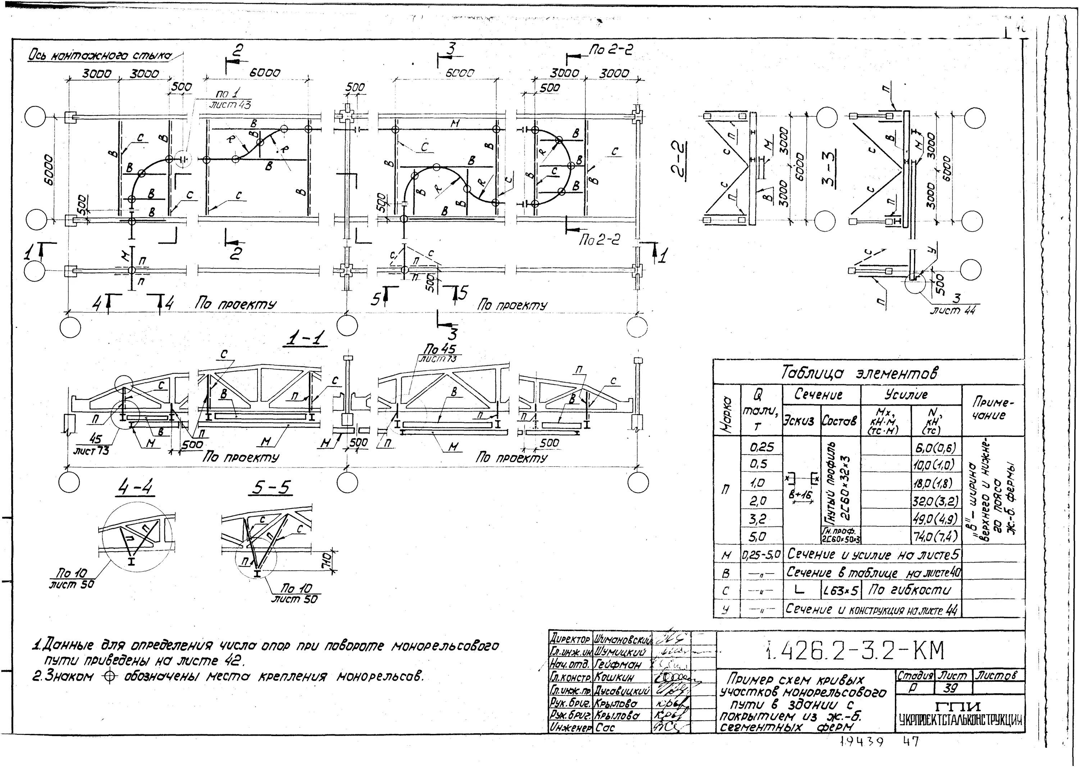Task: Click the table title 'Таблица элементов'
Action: (859, 374)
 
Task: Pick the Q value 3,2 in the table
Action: (757, 519)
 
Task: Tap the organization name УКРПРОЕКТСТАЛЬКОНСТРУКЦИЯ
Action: (960, 721)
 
